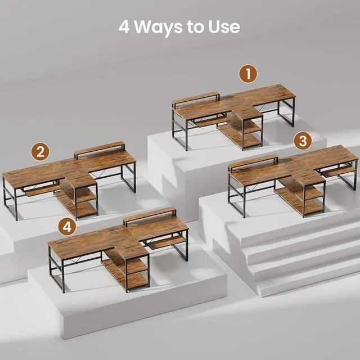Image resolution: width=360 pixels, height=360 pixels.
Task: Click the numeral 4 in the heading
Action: coord(124,27)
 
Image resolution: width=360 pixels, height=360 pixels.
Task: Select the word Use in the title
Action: coord(224,27)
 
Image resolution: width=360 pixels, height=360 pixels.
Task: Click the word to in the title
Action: coord(196,28)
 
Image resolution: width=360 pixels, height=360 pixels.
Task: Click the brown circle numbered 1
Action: coord(248,74)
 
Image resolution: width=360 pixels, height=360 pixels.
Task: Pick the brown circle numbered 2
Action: coord(40,151)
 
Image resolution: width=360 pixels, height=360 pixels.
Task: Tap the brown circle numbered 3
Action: coord(303,141)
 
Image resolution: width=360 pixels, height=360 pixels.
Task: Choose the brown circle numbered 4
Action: coord(67,226)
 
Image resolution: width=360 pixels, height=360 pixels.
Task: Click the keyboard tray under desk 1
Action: coord(212,121)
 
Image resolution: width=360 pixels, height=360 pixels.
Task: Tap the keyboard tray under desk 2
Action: coord(43,190)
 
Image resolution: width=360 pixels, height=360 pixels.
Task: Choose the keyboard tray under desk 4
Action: coord(167,243)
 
